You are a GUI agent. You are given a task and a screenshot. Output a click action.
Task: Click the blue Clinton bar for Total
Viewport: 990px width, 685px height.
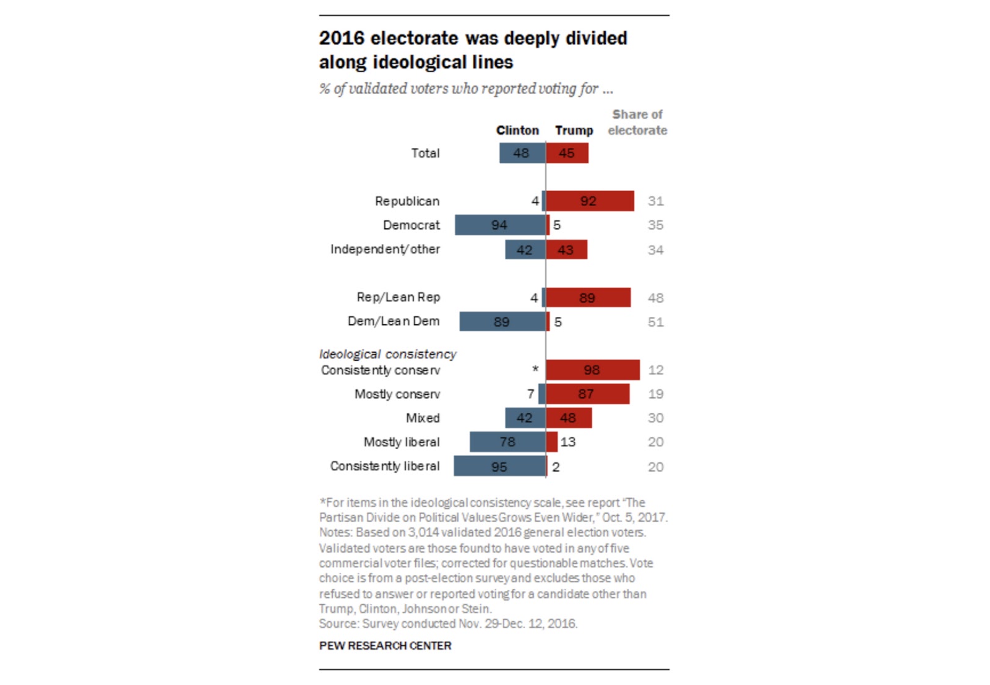522,153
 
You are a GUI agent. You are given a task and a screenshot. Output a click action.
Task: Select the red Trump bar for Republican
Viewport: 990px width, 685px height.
590,201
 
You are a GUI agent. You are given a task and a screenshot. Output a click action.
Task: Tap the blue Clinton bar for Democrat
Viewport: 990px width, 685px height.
500,225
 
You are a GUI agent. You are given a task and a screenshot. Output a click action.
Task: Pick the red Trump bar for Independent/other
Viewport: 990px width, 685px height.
566,250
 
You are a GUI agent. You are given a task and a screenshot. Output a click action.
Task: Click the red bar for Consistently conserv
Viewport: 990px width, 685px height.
592,370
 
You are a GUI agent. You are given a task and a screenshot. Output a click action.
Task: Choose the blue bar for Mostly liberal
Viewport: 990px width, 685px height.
507,442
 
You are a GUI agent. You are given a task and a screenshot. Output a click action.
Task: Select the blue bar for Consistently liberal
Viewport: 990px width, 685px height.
499,467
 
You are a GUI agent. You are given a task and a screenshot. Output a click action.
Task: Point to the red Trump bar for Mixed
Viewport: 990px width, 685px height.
569,418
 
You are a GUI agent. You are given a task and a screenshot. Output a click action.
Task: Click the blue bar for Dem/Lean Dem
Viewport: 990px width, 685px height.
502,322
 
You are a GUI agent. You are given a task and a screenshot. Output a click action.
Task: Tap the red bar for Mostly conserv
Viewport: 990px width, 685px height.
587,394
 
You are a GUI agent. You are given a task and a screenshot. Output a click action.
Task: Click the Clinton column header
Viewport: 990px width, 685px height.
517,131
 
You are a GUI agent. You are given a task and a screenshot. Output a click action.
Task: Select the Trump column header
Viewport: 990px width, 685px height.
574,131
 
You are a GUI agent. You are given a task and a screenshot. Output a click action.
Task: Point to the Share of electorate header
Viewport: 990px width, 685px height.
637,123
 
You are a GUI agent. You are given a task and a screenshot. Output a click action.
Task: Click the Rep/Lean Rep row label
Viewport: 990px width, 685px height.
398,298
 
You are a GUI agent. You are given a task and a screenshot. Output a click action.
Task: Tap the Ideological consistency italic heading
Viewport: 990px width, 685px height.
387,354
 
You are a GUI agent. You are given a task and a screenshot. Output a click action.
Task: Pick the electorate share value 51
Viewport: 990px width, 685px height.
656,322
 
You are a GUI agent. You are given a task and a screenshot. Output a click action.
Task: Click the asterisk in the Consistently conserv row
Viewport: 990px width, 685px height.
535,369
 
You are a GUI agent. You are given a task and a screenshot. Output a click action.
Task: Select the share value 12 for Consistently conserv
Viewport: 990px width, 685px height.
656,370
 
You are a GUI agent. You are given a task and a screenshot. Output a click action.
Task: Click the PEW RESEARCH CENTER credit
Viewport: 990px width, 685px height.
385,646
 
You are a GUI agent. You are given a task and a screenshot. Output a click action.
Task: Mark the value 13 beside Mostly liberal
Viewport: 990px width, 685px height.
568,442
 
